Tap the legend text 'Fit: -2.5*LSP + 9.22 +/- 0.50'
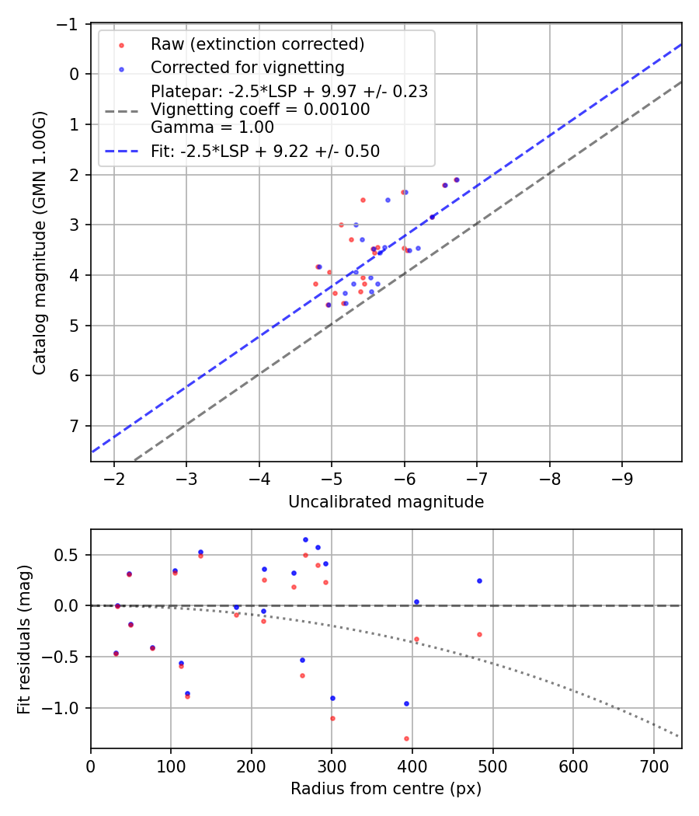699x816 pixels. [x=265, y=152]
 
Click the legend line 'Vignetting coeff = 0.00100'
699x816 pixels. [x=260, y=110]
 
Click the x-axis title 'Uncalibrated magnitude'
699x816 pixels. [x=386, y=502]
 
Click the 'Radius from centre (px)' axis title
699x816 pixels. [x=386, y=789]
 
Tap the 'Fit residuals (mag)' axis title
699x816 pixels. [x=24, y=639]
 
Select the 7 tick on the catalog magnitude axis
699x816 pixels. [x=75, y=426]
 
